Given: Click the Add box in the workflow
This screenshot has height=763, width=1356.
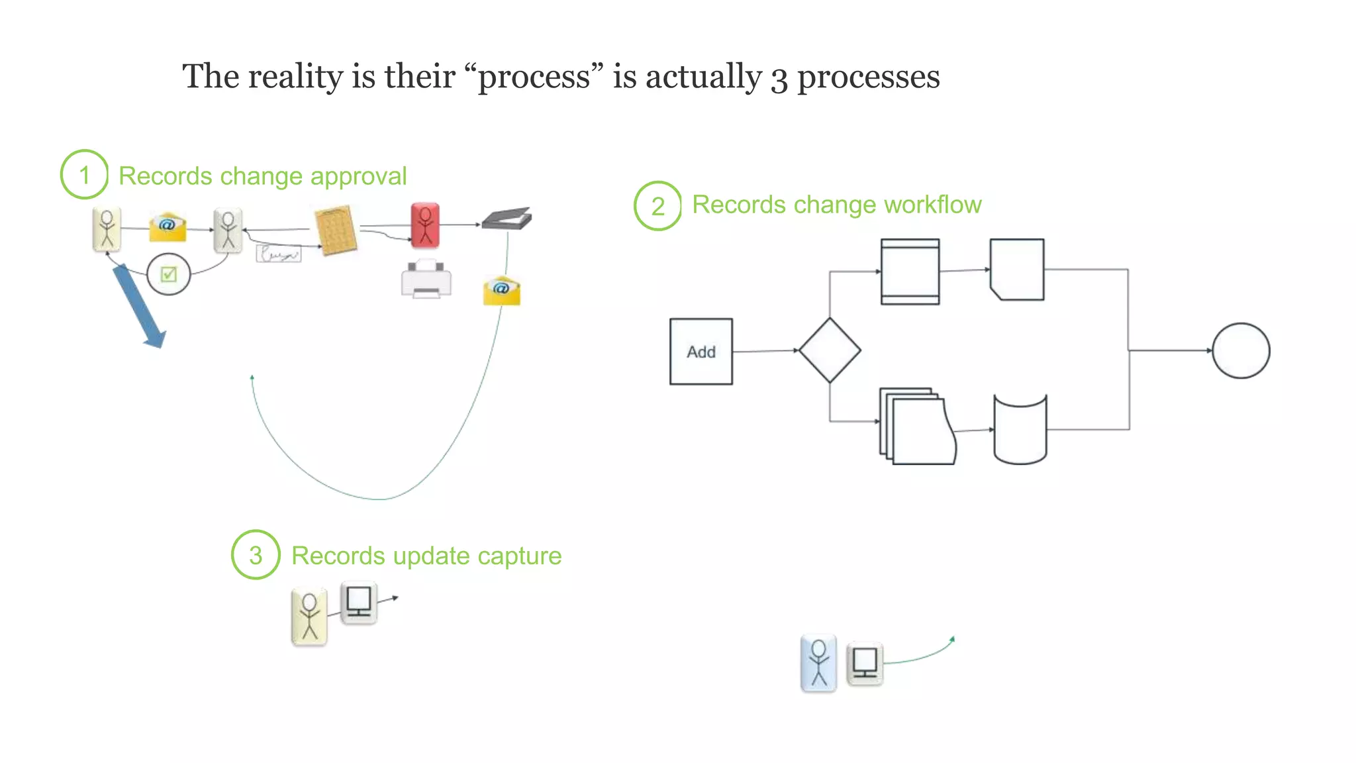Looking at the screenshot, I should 701,352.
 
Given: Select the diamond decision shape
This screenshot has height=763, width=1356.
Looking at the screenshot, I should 830,350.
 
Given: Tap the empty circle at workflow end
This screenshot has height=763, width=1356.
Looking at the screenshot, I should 1240,351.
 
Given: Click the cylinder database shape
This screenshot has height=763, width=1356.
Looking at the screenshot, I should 1020,430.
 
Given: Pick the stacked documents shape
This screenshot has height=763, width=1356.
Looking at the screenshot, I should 918,427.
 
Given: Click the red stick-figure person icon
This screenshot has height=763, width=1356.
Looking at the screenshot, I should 425,225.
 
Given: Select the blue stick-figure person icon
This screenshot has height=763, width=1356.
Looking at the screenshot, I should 818,663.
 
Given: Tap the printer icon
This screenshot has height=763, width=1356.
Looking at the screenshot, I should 426,279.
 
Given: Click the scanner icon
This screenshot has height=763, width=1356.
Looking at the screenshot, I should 507,219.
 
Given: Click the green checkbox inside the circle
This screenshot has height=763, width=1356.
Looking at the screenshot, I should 169,274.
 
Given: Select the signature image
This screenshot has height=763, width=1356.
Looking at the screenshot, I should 279,254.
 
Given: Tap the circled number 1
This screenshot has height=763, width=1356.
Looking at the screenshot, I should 84,175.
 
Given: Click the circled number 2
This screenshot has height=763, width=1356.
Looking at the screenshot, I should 657,206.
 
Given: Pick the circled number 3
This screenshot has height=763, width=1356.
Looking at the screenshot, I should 256,555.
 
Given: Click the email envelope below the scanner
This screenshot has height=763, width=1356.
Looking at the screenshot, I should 502,291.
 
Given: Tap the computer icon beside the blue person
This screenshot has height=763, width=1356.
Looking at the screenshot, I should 865,663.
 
